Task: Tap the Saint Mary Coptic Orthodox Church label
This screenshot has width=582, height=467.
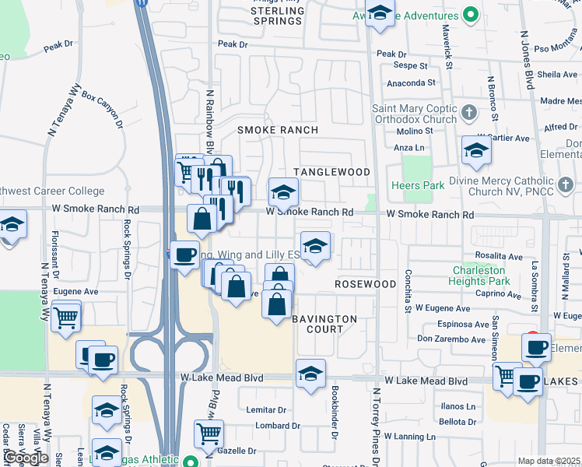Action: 414,114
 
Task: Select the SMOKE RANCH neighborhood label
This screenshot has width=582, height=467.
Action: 278,130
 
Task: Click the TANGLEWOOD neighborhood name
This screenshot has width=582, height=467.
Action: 331,171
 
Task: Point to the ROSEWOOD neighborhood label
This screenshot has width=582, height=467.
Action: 366,284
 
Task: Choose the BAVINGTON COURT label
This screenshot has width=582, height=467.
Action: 324,324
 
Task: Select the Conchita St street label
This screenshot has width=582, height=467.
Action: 407,291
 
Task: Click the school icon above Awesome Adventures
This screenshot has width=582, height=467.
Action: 379,13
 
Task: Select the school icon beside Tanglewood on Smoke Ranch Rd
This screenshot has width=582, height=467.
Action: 284,191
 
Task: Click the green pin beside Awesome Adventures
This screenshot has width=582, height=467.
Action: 470,15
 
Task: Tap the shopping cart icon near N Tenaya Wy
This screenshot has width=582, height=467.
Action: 66,317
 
